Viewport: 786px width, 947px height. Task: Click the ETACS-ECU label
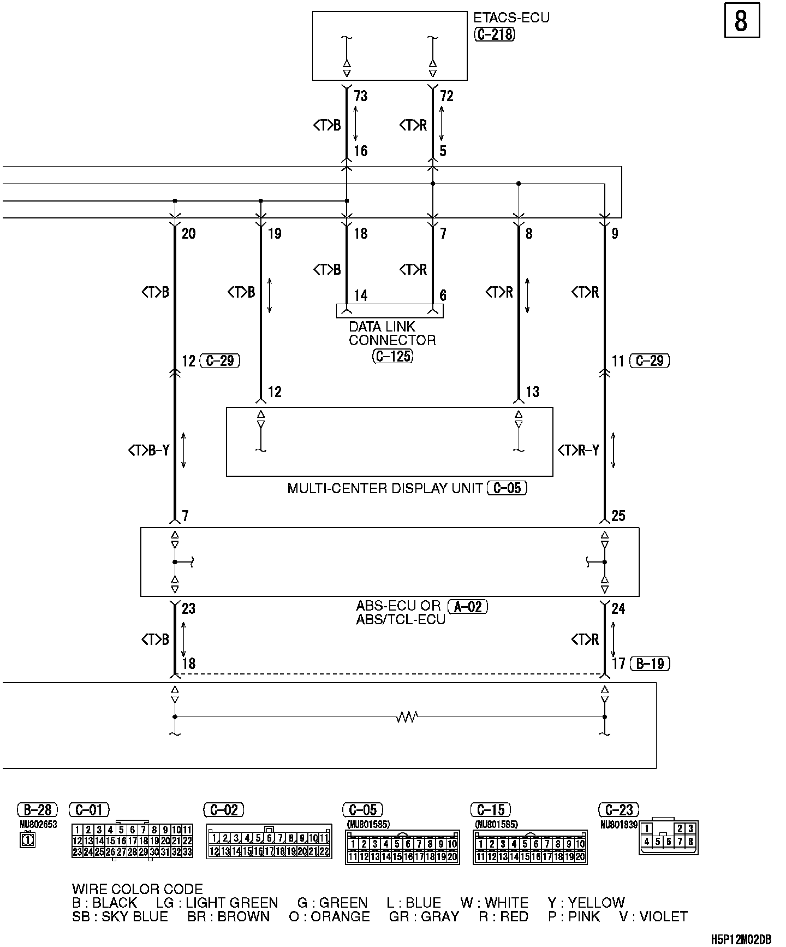(511, 18)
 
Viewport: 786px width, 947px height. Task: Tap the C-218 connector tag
(494, 34)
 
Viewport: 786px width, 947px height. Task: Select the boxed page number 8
(741, 21)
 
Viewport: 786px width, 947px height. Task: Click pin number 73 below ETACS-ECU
(361, 96)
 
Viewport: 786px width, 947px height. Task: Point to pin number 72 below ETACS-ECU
(446, 96)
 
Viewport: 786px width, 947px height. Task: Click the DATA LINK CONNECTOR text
(392, 333)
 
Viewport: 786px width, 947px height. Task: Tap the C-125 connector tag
(392, 357)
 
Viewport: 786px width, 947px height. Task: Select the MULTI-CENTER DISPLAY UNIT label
(385, 488)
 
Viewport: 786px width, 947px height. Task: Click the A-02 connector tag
(467, 606)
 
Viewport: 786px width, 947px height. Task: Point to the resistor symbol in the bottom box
(407, 717)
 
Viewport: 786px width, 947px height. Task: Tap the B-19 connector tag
(650, 664)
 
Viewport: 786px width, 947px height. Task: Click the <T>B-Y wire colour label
(149, 450)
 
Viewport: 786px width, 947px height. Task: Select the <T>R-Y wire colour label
(579, 450)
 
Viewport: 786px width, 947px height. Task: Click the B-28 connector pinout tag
(38, 809)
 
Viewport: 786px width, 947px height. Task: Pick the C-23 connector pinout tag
(618, 809)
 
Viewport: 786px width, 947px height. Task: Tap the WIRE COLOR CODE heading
(138, 889)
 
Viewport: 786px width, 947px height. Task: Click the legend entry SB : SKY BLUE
(120, 916)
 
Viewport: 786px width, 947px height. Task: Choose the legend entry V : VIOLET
(653, 916)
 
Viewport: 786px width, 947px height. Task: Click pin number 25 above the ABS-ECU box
(618, 516)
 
